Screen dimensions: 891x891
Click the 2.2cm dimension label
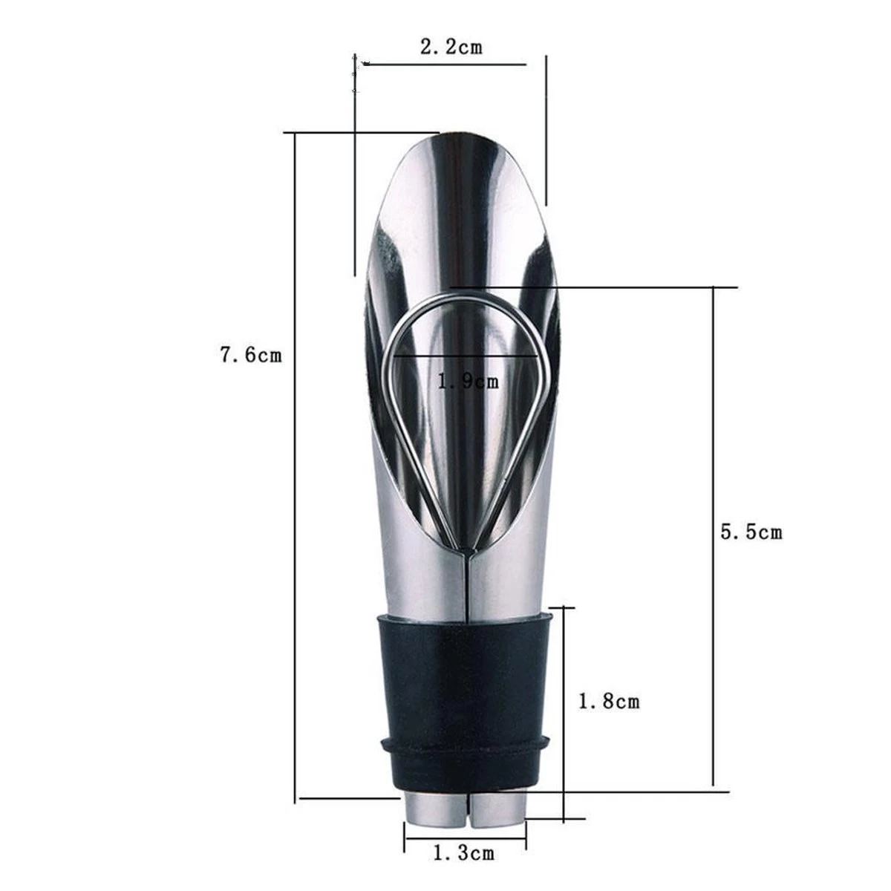coord(451,47)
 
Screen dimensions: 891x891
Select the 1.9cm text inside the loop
coord(468,381)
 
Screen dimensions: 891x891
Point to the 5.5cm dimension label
coord(751,532)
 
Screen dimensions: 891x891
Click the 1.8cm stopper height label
coord(609,702)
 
